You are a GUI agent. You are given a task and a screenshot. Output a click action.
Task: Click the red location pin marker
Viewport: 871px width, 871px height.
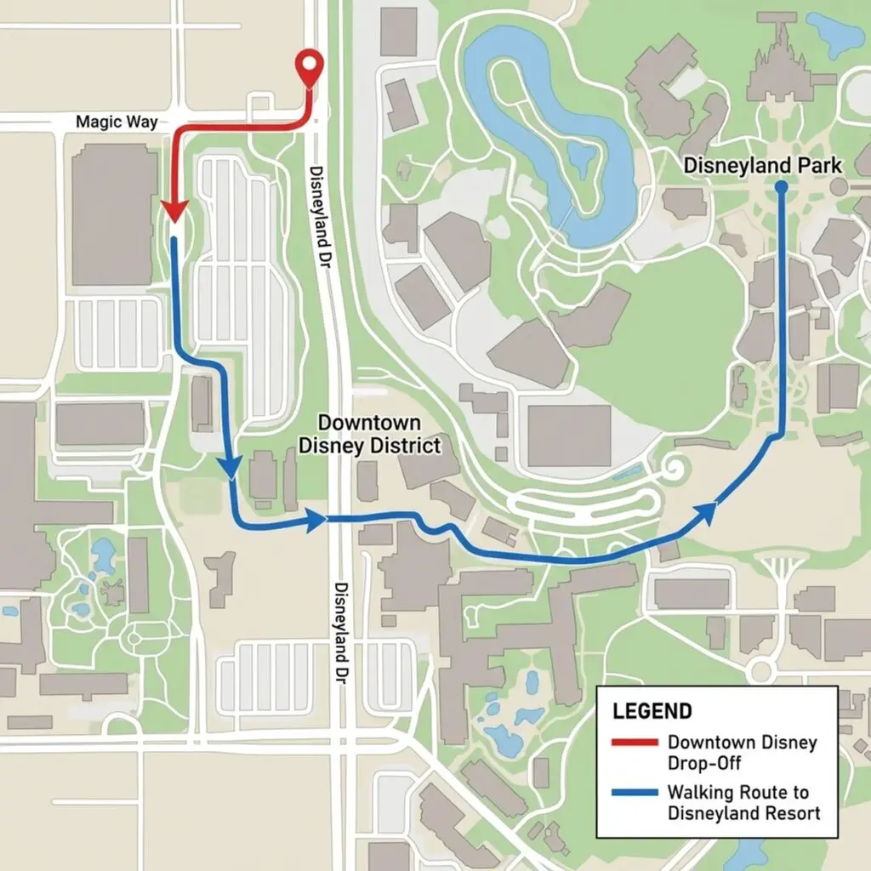(x=309, y=65)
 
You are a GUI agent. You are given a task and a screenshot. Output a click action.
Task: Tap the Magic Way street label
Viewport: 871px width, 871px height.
(x=117, y=122)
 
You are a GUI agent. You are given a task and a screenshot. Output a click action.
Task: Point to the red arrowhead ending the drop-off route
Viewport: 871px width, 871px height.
(x=174, y=210)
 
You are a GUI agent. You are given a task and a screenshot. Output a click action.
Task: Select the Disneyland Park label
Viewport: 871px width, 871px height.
(x=763, y=165)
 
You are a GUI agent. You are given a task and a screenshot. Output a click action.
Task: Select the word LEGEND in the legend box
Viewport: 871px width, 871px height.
(x=652, y=711)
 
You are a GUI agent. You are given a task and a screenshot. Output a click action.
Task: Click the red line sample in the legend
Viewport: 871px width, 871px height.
(x=635, y=743)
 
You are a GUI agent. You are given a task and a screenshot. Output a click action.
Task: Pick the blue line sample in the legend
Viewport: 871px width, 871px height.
(x=635, y=793)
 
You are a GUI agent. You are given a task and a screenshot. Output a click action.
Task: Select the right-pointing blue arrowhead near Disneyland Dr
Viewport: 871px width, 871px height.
(x=316, y=519)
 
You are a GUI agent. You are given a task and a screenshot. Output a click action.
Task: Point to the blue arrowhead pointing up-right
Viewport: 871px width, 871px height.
(x=705, y=510)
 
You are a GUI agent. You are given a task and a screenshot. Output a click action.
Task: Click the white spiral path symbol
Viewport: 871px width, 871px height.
(x=675, y=467)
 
